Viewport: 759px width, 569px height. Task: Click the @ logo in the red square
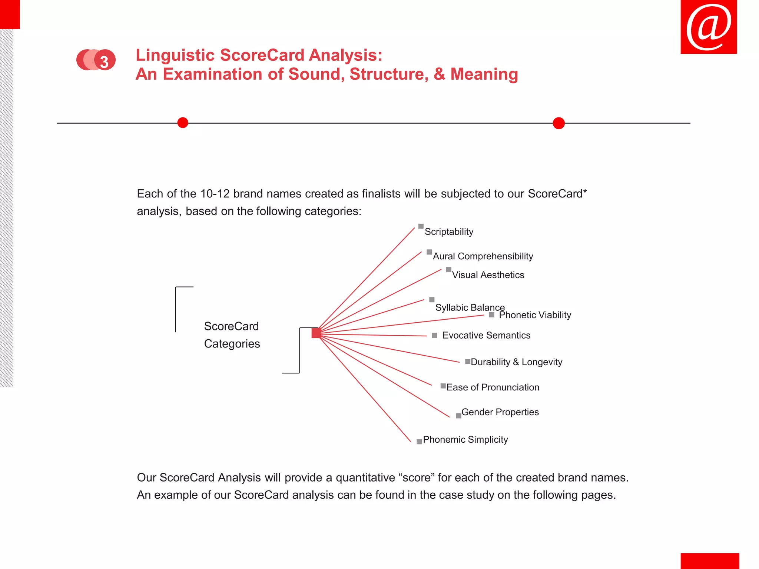tap(709, 27)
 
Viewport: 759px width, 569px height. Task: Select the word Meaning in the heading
tap(484, 74)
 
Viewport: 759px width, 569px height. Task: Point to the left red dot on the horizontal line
tap(183, 123)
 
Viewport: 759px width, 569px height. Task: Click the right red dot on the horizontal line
tap(559, 123)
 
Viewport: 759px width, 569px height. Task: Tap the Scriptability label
tap(449, 232)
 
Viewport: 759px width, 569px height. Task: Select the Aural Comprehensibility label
tap(483, 256)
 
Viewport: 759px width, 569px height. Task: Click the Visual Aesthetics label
tap(488, 275)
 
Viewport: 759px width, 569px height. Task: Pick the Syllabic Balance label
tap(470, 307)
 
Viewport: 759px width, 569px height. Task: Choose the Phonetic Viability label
tap(535, 315)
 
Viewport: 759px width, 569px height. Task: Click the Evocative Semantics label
tap(486, 336)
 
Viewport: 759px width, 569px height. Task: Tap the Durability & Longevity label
tap(516, 362)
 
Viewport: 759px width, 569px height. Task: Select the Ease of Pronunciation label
tap(493, 387)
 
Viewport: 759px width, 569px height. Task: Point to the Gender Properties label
tap(500, 412)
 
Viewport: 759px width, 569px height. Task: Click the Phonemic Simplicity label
tap(465, 440)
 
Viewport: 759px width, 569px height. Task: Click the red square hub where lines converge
tap(316, 333)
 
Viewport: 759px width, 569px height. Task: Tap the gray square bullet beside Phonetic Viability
tap(491, 315)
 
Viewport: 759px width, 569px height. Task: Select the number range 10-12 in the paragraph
tap(215, 194)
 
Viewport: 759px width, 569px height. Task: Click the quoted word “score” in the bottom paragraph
tap(417, 478)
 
